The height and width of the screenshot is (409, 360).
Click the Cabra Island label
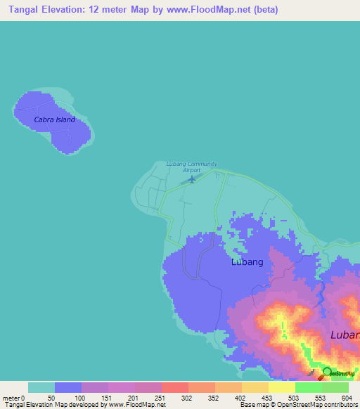[x=54, y=119]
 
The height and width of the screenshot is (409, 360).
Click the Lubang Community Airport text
[x=191, y=167]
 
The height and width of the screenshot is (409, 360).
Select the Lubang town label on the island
[x=247, y=262]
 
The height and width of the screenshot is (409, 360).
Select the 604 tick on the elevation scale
[x=346, y=398]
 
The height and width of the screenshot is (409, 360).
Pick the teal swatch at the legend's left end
[x=41, y=387]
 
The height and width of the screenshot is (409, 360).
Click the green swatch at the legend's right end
[x=335, y=387]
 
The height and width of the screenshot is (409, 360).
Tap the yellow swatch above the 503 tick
[x=282, y=387]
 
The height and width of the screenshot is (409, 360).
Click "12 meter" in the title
[x=121, y=10]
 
